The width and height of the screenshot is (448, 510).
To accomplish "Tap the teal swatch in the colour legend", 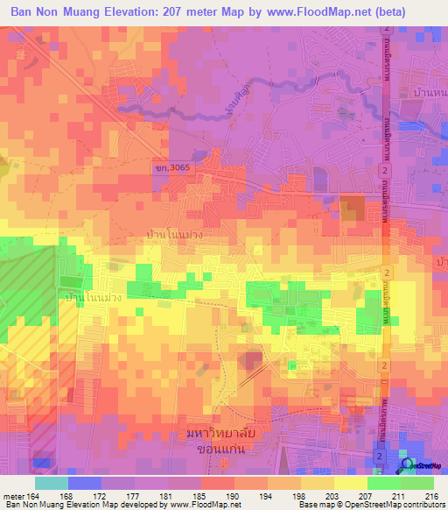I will click(51, 483).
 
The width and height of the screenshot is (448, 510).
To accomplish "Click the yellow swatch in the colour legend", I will click(351, 483).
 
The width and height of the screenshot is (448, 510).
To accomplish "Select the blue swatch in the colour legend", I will click(84, 483).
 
